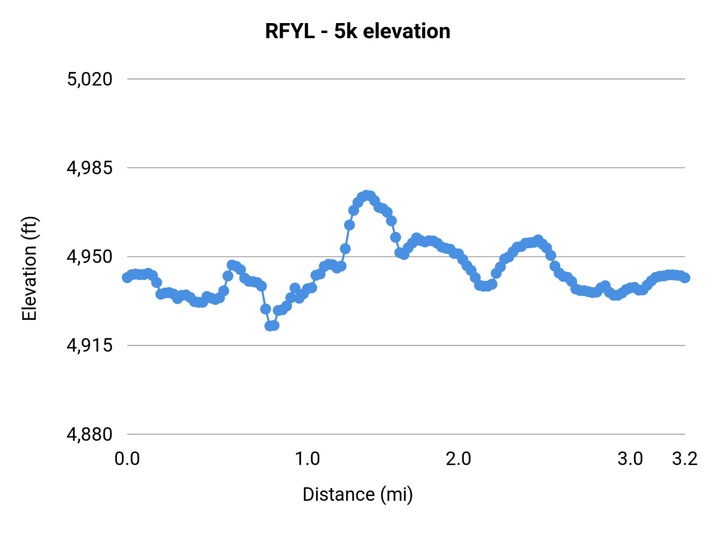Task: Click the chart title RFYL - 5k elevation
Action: tap(358, 31)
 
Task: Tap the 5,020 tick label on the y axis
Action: tap(89, 79)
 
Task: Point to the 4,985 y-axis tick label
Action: tap(89, 168)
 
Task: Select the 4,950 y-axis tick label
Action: tap(89, 257)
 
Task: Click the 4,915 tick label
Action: tap(89, 345)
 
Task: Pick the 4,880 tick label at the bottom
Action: tap(89, 434)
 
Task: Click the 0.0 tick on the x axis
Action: tap(127, 459)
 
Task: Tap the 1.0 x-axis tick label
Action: tap(307, 459)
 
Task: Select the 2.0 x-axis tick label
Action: tap(458, 459)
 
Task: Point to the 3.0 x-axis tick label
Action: tap(630, 459)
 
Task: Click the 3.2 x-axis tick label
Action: tap(685, 459)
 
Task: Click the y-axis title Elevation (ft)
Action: tap(29, 268)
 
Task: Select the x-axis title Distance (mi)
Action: tap(358, 494)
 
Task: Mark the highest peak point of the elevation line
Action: tap(366, 195)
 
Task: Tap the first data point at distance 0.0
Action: tap(127, 277)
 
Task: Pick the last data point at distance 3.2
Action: tap(685, 278)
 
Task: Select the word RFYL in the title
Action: tap(290, 31)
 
